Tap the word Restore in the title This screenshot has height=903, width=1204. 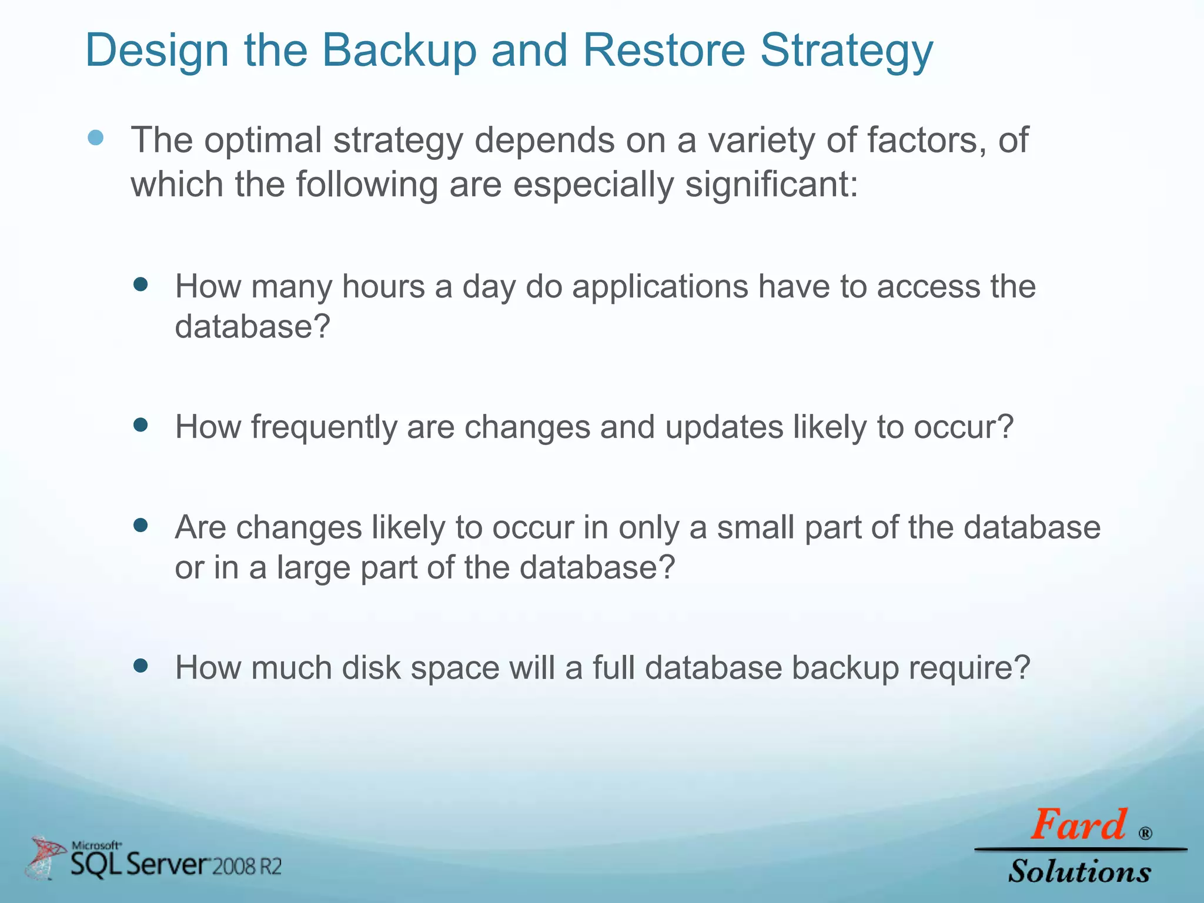pos(664,51)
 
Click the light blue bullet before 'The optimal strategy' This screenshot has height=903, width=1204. pos(96,138)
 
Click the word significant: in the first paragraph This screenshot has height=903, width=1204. pos(772,185)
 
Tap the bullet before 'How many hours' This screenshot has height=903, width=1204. pos(141,285)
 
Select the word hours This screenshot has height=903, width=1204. pos(383,287)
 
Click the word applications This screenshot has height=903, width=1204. pos(660,288)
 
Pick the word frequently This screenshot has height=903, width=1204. pos(324,427)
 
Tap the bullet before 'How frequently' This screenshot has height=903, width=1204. pos(141,424)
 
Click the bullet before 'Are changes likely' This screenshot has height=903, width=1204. pos(141,525)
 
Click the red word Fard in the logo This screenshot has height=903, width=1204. pos(1078,825)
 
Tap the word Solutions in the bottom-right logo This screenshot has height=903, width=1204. pos(1079,871)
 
